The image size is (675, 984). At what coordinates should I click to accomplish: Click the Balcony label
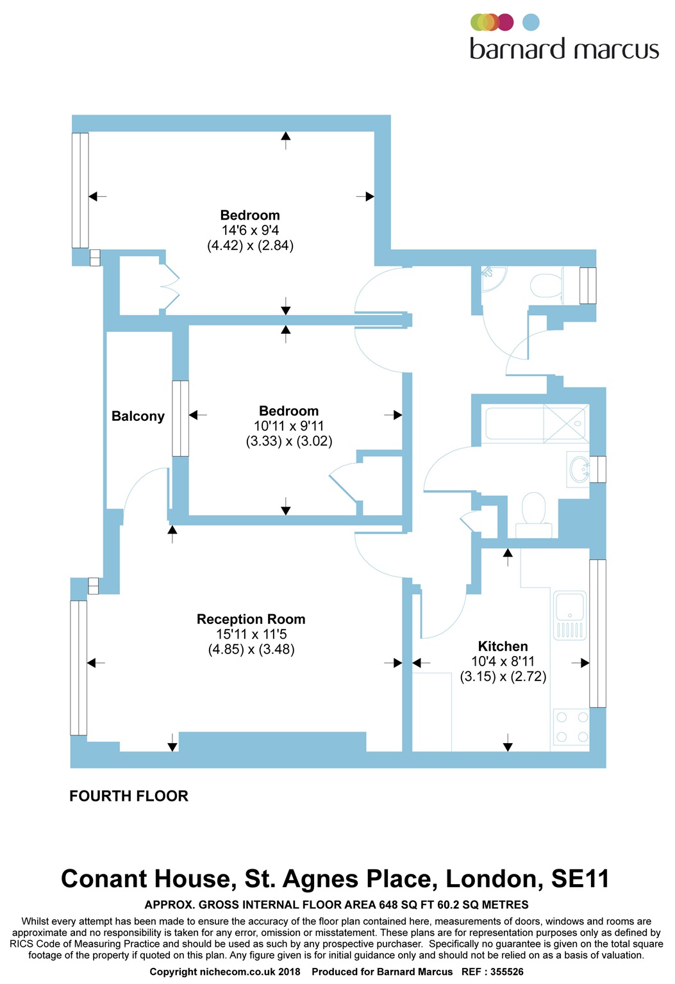click(138, 416)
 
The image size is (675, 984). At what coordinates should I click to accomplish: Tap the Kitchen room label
click(503, 646)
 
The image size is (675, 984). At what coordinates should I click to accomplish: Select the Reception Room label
click(251, 619)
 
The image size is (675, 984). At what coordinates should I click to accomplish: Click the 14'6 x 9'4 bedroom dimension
click(250, 231)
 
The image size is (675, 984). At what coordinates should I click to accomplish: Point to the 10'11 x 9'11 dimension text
click(288, 426)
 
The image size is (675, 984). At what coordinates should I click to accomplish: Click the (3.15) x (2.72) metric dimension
click(503, 676)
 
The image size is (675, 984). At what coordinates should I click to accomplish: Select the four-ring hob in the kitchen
click(571, 728)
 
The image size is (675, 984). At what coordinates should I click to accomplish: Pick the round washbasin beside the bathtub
click(579, 470)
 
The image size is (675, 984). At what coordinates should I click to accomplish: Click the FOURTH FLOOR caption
click(129, 796)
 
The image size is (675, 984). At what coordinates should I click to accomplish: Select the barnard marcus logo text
click(564, 50)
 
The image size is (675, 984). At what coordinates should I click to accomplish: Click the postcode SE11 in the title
click(579, 879)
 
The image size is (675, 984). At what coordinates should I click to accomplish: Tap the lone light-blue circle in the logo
click(531, 22)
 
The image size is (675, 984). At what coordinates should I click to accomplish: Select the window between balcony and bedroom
click(181, 418)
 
